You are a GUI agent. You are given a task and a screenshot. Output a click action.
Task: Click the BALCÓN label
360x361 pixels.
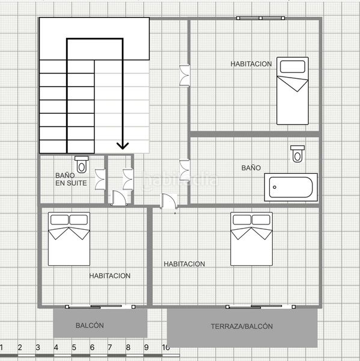90,326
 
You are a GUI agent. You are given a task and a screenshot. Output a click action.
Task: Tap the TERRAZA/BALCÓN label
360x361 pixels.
242,326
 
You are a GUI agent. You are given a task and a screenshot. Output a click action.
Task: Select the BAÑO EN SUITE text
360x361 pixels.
71,179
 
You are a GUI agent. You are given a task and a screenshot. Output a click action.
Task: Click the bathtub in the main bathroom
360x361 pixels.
292,187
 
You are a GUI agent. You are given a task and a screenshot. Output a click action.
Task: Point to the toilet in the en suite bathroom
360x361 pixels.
82,163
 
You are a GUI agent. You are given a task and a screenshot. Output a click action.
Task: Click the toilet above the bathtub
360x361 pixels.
297,153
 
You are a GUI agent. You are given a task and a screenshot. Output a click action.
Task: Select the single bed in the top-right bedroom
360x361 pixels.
292,90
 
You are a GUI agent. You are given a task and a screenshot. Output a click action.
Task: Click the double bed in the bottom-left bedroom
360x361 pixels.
69,239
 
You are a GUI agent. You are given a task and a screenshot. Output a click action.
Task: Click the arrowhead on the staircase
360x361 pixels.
123,144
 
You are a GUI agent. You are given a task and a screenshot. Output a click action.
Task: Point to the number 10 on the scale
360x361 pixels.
166,348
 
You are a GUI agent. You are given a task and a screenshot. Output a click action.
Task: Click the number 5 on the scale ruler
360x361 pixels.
74,348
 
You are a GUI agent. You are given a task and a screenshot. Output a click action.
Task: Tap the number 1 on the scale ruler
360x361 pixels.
2,348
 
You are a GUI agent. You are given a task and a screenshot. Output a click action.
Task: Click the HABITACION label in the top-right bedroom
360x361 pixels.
251,64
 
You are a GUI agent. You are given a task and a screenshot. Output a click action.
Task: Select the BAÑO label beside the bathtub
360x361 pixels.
251,168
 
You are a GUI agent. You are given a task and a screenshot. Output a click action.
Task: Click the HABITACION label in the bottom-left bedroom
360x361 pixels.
110,276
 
